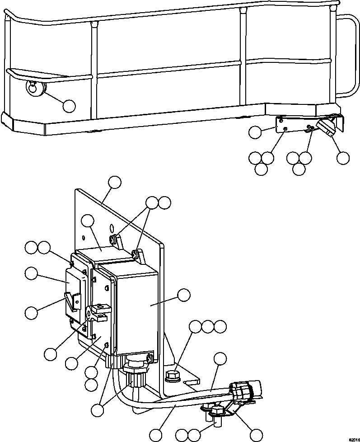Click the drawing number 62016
coord(355,440)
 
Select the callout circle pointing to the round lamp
coord(69,106)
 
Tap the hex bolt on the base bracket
coord(173,376)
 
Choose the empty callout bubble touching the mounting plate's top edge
coord(115,183)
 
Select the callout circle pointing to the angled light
coord(343,158)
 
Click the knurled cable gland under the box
coord(136,372)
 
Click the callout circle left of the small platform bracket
coord(255,132)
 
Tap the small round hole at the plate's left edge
coord(84,237)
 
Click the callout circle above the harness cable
coord(220,358)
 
